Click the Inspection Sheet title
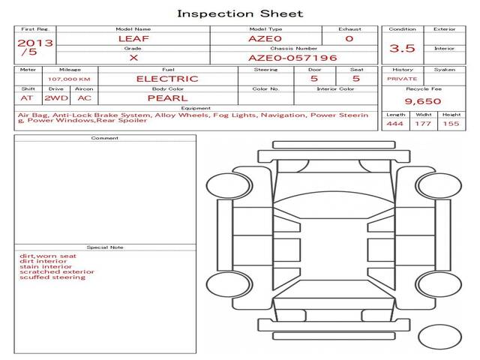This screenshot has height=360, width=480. coord(240,13)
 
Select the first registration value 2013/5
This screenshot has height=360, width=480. coord(35,47)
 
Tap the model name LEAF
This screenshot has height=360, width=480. coord(133,39)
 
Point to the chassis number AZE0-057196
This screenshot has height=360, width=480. coord(292,58)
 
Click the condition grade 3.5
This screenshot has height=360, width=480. coord(402,48)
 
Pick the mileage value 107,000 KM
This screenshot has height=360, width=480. coord(69,79)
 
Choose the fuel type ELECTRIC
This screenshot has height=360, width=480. coord(167,79)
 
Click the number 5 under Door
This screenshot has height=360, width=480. coord(314,78)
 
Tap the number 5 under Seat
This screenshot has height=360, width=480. coord(356,78)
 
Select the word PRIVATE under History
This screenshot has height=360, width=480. coord(402,79)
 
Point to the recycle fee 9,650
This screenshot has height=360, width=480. coord(423,101)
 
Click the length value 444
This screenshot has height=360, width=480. coord(395,124)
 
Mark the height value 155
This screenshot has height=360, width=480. coord(451,124)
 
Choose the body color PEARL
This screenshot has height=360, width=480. coord(167,98)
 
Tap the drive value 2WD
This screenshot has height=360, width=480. coord(56,98)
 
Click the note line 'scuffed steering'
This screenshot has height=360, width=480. coord(52,277)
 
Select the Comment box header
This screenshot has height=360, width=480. coord(105,138)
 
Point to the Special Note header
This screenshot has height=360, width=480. coord(105,247)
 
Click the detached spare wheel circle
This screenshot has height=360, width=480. coord(439,337)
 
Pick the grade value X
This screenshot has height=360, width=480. coord(133,58)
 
